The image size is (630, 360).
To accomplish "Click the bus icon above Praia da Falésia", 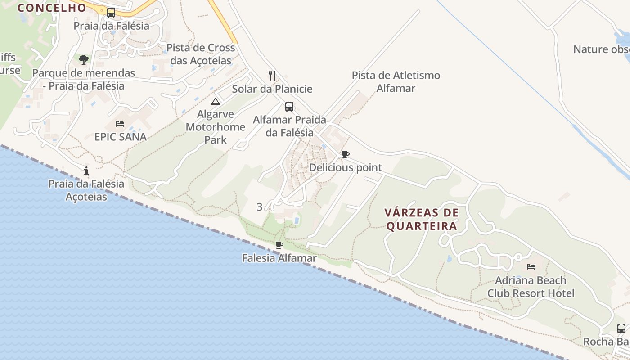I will (x=111, y=13).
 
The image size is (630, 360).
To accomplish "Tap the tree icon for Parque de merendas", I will (x=84, y=59).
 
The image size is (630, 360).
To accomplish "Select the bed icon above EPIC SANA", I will (x=120, y=124).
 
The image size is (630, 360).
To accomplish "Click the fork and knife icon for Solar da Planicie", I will (x=272, y=75).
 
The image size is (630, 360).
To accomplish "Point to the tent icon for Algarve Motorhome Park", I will (x=216, y=101).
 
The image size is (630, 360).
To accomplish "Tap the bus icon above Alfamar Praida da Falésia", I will (x=289, y=107).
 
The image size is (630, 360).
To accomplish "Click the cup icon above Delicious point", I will (x=345, y=155).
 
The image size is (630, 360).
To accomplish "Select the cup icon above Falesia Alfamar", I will (x=279, y=245).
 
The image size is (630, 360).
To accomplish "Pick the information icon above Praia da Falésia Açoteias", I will (x=86, y=171).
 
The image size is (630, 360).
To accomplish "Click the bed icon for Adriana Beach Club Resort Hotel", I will (x=531, y=267).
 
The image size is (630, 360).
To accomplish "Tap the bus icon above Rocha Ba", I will (x=621, y=328).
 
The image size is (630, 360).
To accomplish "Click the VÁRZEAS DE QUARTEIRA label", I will (x=422, y=219).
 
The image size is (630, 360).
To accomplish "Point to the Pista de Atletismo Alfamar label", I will (x=396, y=81).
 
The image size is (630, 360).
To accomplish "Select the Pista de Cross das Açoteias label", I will (x=201, y=54).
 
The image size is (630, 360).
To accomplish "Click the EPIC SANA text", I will (x=121, y=137).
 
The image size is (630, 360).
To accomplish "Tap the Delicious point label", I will (x=345, y=167).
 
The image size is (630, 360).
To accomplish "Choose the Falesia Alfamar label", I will (x=279, y=258).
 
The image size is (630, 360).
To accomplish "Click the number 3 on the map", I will (x=259, y=207).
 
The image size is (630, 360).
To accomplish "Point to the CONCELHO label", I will (x=52, y=8).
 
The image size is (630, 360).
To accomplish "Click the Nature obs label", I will (x=601, y=49).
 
